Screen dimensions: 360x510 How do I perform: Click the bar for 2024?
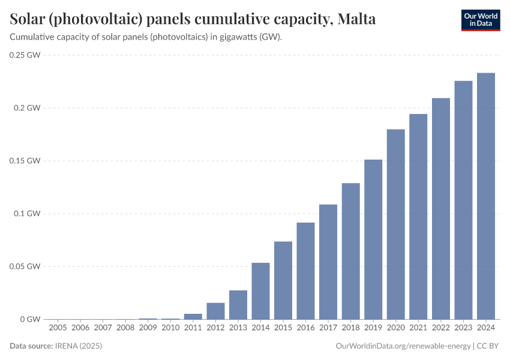[486, 196]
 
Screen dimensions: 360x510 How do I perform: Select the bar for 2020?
[396, 224]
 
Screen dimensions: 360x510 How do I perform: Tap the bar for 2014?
[260, 291]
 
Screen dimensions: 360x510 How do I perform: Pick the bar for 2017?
[328, 262]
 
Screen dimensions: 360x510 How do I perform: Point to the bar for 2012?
[215, 311]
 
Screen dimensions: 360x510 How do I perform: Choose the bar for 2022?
[441, 209]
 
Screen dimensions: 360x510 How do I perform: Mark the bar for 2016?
[305, 271]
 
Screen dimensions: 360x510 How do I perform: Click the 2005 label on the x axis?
[58, 328]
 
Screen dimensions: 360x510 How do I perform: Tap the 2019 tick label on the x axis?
[373, 328]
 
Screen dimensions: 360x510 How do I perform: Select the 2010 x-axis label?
[170, 328]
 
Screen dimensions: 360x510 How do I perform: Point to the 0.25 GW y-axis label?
[25, 55]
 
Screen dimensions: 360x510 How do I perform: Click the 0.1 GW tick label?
[28, 214]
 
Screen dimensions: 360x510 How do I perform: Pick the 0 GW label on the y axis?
[30, 319]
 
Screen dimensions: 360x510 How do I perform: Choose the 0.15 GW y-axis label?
[25, 161]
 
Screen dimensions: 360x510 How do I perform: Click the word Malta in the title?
[357, 19]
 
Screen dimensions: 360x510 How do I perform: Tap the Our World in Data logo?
[481, 20]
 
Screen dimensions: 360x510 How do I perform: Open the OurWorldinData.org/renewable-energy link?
[403, 346]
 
